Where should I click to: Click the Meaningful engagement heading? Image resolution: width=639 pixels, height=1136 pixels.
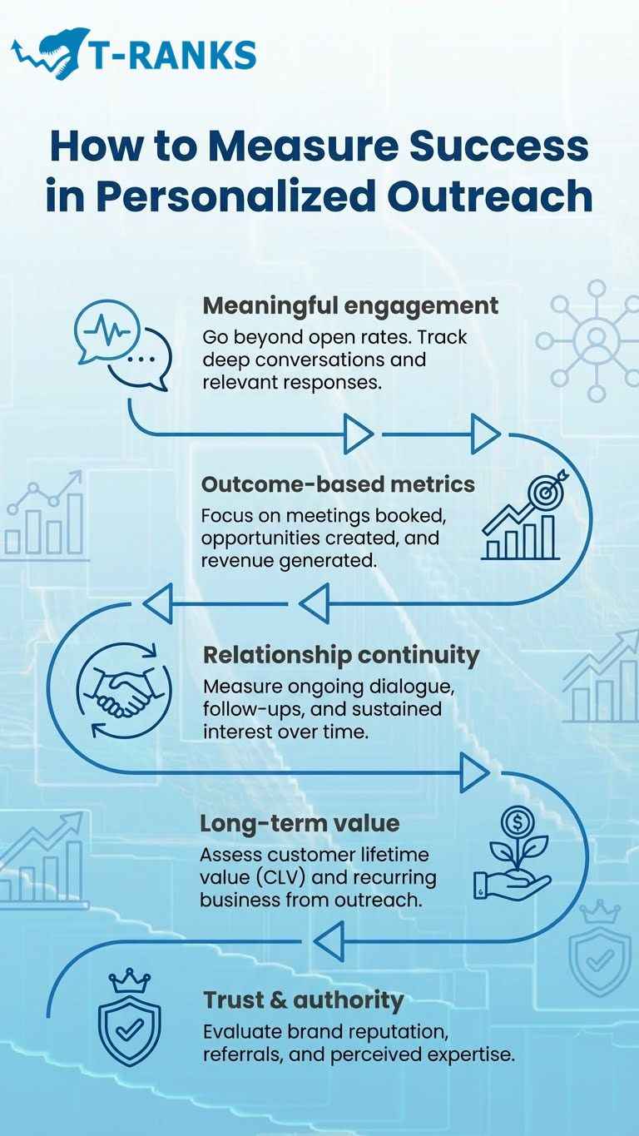(350, 305)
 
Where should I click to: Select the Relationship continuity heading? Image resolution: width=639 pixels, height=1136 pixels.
(341, 655)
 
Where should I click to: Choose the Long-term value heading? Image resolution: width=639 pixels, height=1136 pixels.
(300, 824)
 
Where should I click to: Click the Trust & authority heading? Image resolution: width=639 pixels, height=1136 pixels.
(303, 1000)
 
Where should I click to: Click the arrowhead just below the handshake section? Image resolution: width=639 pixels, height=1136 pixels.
(475, 775)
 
